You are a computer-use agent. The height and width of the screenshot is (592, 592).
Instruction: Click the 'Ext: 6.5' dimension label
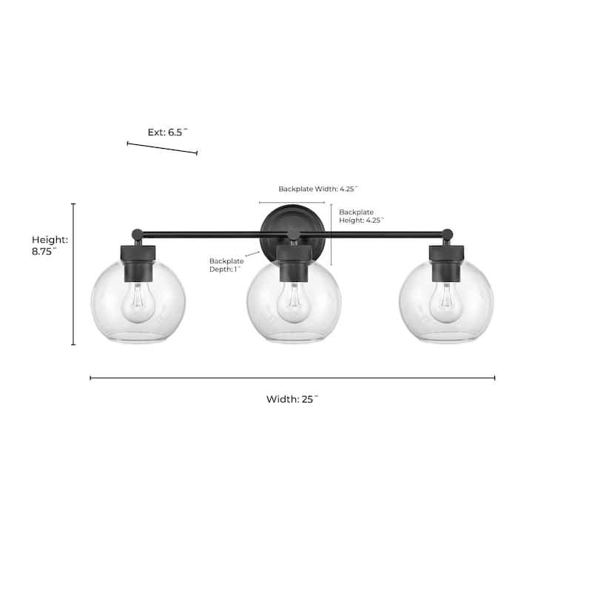point(167,132)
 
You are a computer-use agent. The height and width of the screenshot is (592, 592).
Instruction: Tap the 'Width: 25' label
point(292,399)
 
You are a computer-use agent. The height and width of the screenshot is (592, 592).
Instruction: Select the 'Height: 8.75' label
point(50,246)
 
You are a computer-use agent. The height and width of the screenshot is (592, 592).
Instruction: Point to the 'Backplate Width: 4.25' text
point(318,189)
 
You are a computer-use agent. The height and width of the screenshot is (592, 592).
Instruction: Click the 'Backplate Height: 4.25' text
point(361,216)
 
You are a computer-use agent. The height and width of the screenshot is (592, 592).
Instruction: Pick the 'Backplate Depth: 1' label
point(226,265)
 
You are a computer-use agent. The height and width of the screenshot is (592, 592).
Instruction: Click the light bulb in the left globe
point(138,303)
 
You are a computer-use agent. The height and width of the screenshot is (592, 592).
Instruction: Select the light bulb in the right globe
point(447,303)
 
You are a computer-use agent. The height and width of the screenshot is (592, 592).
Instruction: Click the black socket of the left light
point(138,263)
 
